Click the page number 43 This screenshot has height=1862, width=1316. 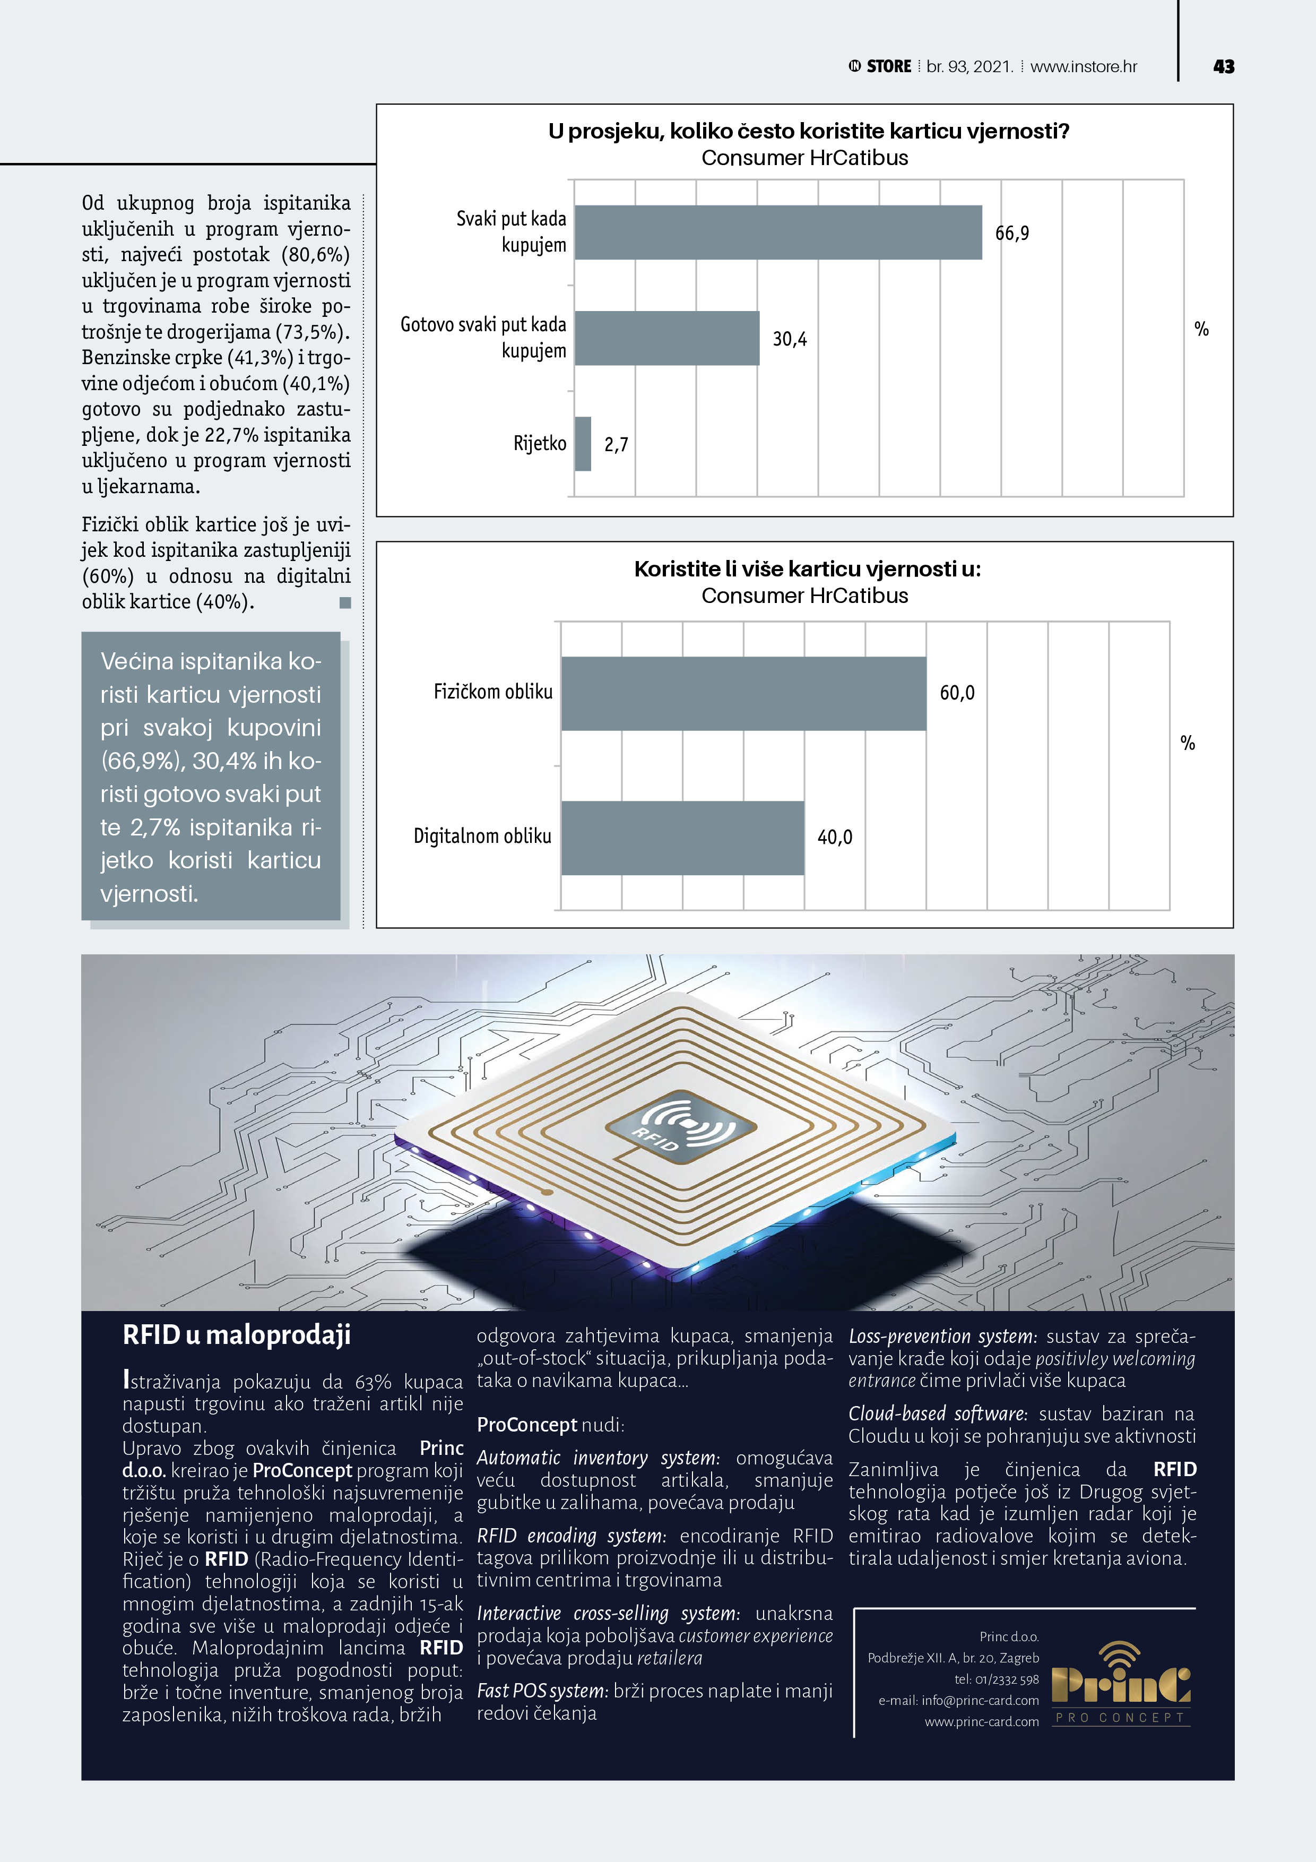(1224, 66)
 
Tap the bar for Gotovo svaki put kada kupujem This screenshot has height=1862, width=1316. (666, 338)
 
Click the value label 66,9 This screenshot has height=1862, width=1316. (1012, 234)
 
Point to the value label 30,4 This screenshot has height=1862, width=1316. (789, 339)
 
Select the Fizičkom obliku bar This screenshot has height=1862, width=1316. (743, 693)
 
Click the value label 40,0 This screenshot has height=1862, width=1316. (834, 838)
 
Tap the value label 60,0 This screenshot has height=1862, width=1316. (957, 693)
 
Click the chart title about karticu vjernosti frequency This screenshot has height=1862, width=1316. (808, 132)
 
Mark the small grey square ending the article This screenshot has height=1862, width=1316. (344, 602)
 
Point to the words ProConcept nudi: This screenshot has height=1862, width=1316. (550, 1425)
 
